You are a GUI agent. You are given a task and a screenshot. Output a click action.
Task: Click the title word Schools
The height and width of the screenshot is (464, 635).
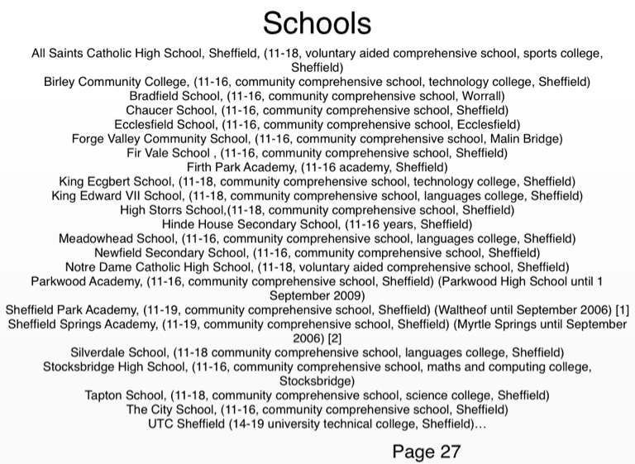pyautogui.click(x=317, y=22)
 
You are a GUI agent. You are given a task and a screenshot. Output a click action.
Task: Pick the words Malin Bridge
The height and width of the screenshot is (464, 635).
pyautogui.click(x=526, y=138)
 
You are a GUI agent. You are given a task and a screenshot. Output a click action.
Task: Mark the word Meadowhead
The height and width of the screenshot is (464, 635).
pyautogui.click(x=97, y=238)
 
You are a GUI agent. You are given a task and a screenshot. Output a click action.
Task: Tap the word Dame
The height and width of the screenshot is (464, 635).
pyautogui.click(x=122, y=266)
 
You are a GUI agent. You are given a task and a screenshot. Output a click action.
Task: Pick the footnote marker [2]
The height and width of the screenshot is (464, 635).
pyautogui.click(x=336, y=338)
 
